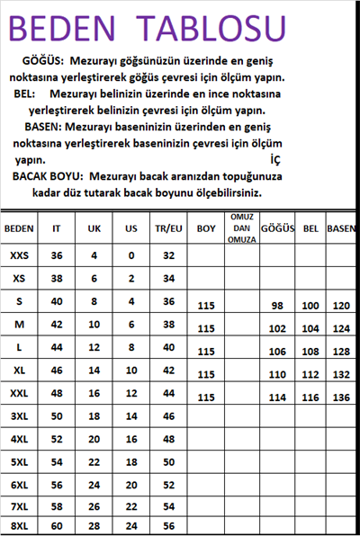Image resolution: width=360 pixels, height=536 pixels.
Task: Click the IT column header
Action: pyautogui.click(x=57, y=228)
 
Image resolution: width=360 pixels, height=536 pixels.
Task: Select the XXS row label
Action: pyautogui.click(x=19, y=256)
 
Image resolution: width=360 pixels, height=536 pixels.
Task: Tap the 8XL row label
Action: pyautogui.click(x=19, y=525)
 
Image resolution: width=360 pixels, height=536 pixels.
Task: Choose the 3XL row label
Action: pyautogui.click(x=19, y=416)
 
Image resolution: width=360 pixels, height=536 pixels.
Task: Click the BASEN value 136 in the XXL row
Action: pyautogui.click(x=342, y=397)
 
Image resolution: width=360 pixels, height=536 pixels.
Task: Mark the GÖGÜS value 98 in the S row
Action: pyautogui.click(x=277, y=306)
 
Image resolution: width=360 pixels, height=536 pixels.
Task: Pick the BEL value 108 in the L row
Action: pyautogui.click(x=310, y=352)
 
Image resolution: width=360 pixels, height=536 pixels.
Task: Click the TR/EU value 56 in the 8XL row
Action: pyautogui.click(x=168, y=525)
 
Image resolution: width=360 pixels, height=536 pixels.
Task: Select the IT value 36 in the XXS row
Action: pyautogui.click(x=57, y=256)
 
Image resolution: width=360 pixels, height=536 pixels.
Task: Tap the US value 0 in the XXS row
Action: pyautogui.click(x=131, y=256)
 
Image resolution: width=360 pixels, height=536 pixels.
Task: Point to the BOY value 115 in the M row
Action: pyautogui.click(x=205, y=328)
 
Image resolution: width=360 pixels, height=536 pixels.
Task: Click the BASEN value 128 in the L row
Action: pyautogui.click(x=342, y=352)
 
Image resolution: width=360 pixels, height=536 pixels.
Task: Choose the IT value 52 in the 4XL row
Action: pyautogui.click(x=57, y=438)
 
